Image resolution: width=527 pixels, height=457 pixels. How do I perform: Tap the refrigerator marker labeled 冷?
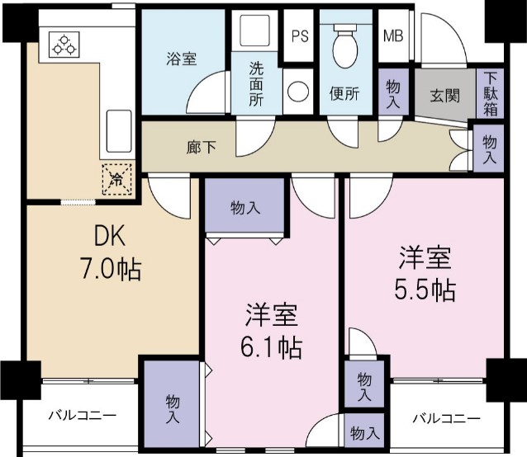tap(117, 178)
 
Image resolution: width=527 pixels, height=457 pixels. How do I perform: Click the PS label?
tap(300, 37)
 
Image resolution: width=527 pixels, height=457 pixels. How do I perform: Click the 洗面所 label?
tap(256, 85)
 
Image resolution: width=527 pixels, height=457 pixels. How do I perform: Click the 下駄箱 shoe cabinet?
tap(491, 93)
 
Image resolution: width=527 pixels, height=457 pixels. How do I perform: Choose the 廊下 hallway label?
tap(202, 148)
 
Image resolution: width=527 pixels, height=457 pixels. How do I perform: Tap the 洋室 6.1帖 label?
tap(272, 332)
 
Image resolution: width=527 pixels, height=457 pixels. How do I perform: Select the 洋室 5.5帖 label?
tap(425, 275)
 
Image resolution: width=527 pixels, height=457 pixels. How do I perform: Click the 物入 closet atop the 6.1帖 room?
tap(245, 208)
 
